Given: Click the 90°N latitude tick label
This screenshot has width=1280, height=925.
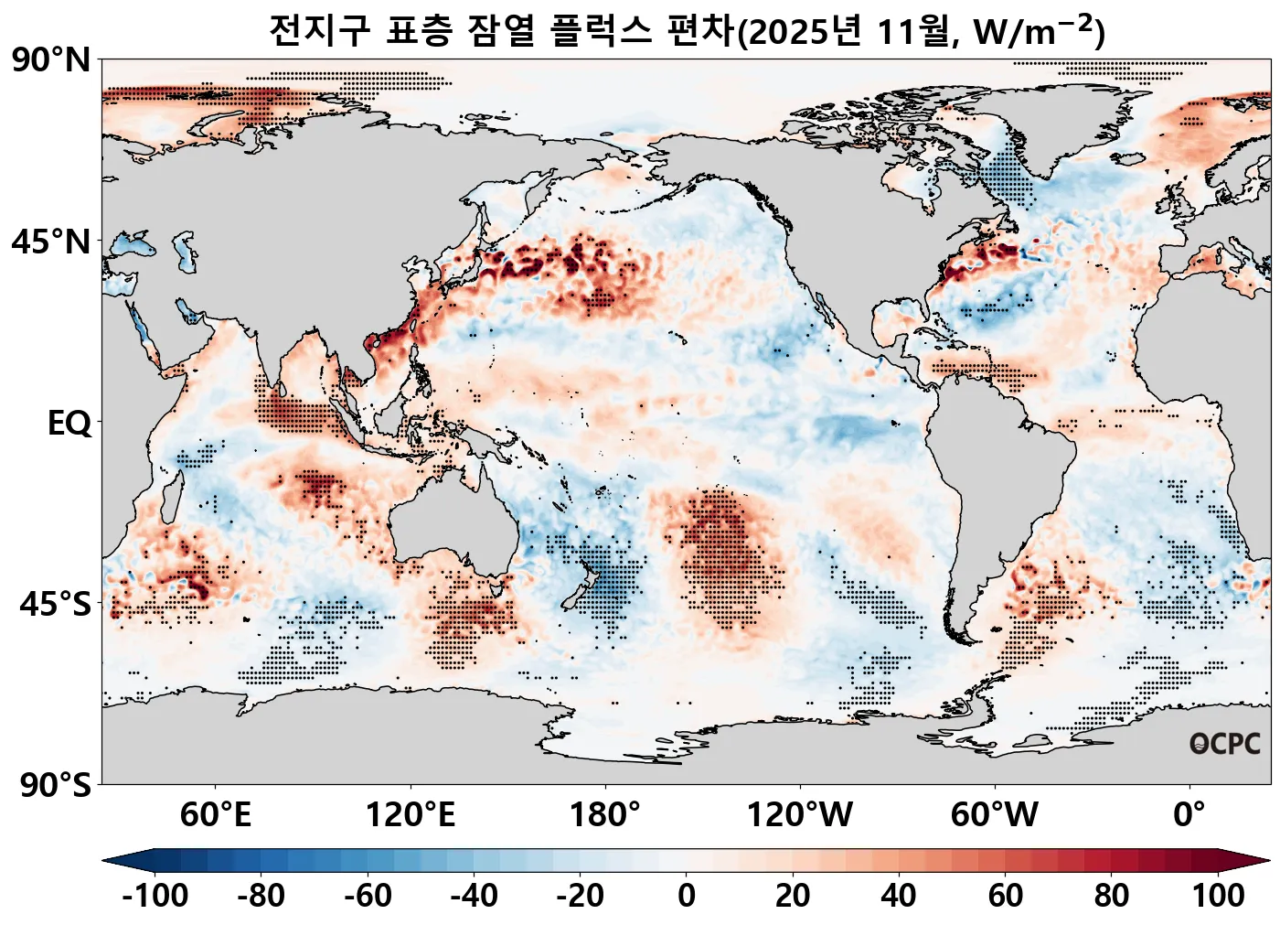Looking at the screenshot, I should (52, 60).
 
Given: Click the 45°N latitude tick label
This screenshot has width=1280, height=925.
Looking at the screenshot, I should (52, 242).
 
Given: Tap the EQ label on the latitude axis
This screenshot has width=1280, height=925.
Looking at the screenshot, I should (70, 424).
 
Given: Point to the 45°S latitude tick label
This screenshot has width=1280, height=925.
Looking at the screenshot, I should (55, 605).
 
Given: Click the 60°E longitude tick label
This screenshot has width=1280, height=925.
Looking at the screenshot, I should (215, 814).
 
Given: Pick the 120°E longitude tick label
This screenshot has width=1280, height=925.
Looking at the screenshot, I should (410, 814).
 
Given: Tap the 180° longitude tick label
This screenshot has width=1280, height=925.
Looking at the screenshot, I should (605, 814).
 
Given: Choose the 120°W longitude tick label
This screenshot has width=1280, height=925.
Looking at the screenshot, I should (800, 814).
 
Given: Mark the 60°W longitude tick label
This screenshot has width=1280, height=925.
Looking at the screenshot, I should (995, 814).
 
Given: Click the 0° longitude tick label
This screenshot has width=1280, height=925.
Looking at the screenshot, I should (1189, 814).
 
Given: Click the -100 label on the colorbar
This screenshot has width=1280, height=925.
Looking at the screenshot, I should (155, 895).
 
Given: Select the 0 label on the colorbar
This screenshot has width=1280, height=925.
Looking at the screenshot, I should (687, 895).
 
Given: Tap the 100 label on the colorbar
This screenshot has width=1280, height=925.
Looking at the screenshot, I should (1218, 895).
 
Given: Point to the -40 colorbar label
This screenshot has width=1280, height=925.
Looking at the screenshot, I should (474, 895).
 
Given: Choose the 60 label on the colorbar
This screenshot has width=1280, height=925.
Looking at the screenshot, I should (1006, 895).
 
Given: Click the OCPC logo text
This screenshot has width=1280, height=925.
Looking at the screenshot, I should (1225, 745).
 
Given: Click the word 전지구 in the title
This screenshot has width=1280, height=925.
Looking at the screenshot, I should (320, 31).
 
